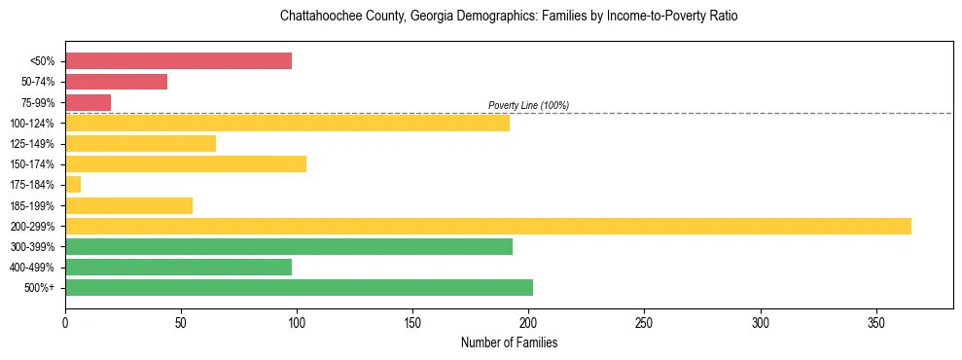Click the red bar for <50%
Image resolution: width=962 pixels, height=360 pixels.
point(178,61)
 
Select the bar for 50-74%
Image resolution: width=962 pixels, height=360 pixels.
point(116,82)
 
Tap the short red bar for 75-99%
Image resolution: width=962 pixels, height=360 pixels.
point(88,102)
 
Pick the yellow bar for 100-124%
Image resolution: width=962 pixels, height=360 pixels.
point(287,123)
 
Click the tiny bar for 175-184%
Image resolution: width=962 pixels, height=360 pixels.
point(73,184)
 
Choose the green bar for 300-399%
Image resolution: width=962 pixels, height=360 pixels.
point(289,246)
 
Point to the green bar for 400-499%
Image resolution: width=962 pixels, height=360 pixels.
point(178,267)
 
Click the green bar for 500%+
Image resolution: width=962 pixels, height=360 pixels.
point(299,287)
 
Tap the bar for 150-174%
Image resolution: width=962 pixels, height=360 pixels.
point(186,163)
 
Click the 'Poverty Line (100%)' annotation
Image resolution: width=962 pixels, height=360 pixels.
point(528,105)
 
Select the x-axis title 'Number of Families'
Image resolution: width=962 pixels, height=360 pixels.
point(509,343)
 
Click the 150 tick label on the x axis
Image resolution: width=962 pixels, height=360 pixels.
point(412,322)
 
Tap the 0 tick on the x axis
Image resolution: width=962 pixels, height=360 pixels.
point(65,322)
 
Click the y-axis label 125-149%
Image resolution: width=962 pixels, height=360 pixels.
point(33,144)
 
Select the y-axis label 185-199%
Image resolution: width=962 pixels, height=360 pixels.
point(33,205)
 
